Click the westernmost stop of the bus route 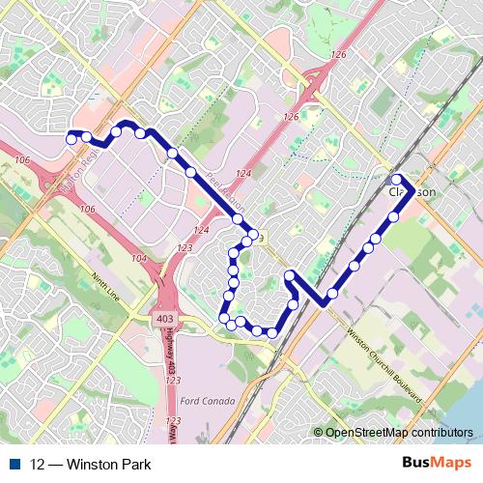coord(71,139)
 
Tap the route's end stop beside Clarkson coord(396,180)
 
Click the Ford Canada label coord(208,401)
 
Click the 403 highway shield coord(163,317)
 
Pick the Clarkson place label coord(412,192)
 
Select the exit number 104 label coord(139,259)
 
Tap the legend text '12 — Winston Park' coord(91,465)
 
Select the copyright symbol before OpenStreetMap coord(318,433)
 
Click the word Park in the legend coord(135,465)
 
